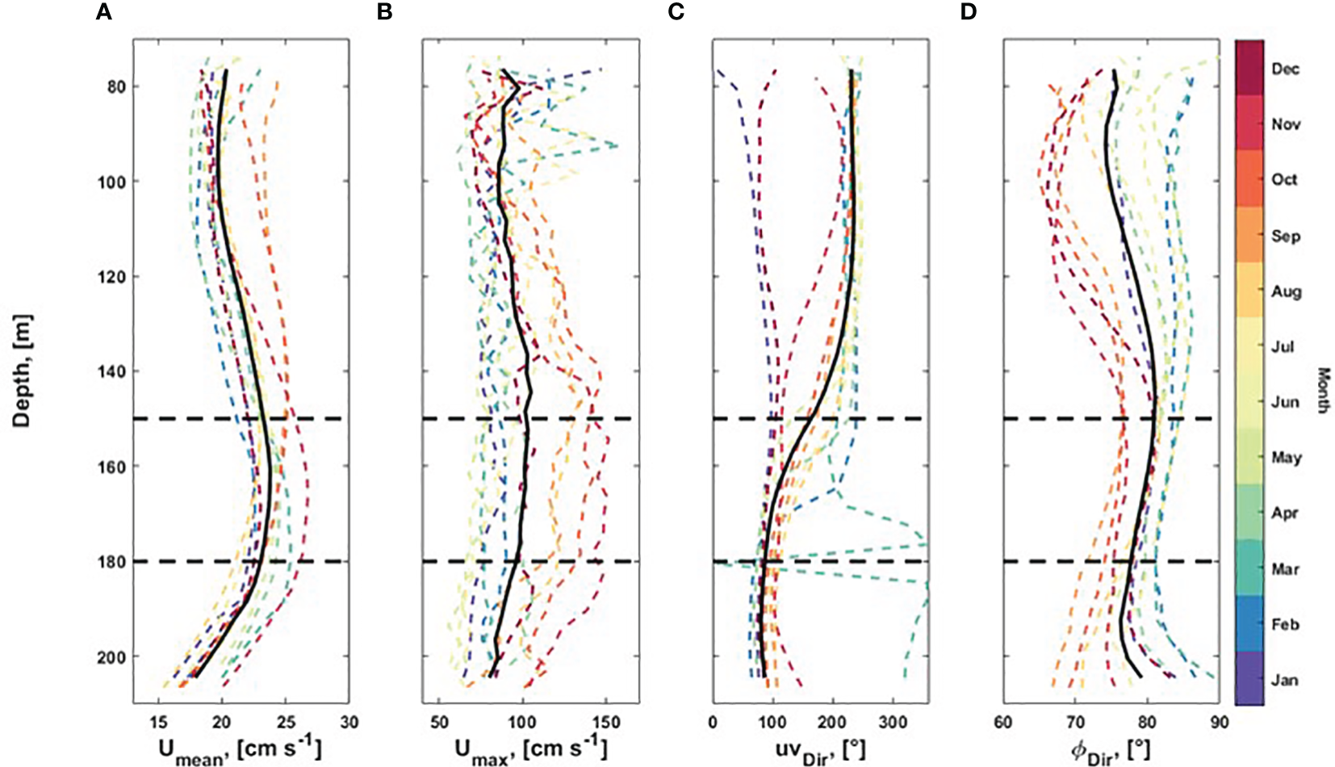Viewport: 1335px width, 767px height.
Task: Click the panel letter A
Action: click(103, 12)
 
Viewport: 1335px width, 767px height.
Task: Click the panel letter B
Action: click(385, 12)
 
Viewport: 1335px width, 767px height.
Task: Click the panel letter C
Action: click(676, 12)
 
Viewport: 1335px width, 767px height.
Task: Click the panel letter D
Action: click(967, 12)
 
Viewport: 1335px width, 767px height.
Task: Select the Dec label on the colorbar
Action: click(1285, 69)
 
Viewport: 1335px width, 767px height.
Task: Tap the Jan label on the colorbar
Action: click(1284, 680)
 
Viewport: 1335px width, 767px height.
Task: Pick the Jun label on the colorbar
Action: click(1285, 402)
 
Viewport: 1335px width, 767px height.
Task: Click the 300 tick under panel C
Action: click(893, 722)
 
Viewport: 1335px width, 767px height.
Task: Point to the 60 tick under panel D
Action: click(1002, 722)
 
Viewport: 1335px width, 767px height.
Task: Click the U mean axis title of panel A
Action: click(240, 749)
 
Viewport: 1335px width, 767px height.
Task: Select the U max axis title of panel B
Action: click(530, 749)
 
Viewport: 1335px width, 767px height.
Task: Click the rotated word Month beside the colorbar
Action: click(1323, 390)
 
